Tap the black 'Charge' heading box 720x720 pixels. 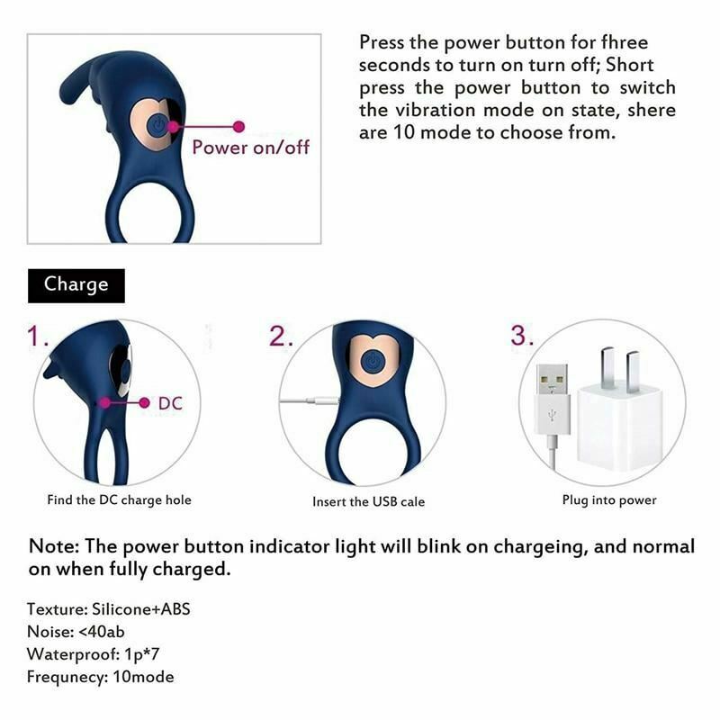coord(76,284)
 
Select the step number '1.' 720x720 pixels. coord(38,337)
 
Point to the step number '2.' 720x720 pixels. coord(282,336)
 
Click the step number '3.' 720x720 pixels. coord(523,336)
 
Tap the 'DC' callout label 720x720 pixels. coord(170,404)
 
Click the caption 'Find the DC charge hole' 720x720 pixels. coord(119,499)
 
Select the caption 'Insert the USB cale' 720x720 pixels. coord(368,501)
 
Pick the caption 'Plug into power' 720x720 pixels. coord(609,499)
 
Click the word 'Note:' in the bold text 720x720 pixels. coord(56,547)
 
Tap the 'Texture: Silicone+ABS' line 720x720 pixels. coord(108,609)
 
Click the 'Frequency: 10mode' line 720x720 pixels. coord(100,677)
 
